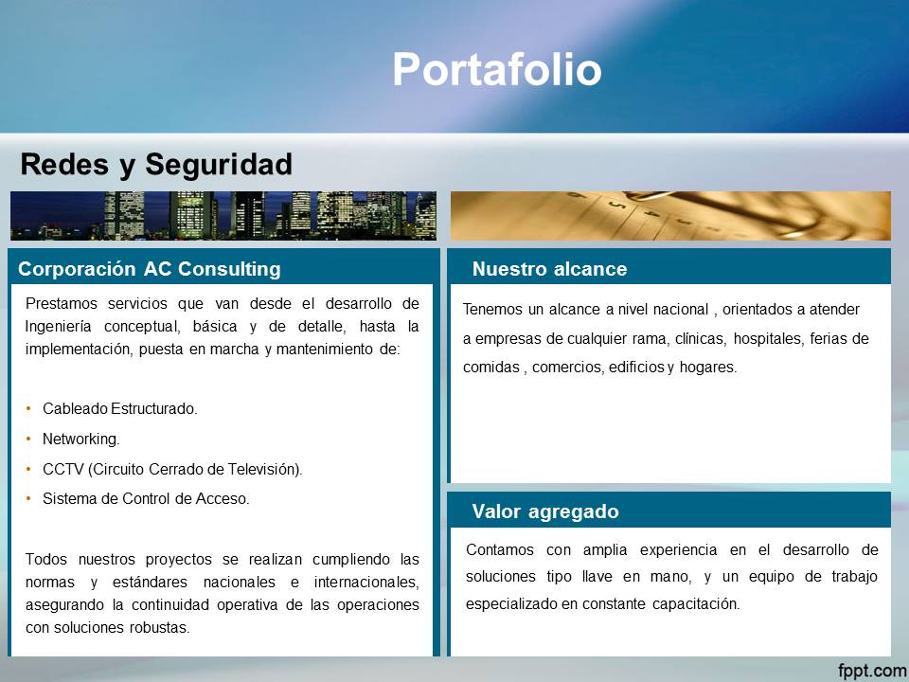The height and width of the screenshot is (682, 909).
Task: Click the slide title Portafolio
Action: [x=497, y=69]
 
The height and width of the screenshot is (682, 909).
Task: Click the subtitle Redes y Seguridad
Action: [x=156, y=165]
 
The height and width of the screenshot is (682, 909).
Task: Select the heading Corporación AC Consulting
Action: [x=150, y=269]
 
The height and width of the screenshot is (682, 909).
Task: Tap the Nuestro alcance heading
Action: [x=549, y=269]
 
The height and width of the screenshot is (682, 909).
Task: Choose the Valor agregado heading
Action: [x=545, y=511]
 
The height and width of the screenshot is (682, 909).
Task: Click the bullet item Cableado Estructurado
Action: [x=120, y=409]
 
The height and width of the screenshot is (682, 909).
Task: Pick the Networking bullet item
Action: [x=81, y=439]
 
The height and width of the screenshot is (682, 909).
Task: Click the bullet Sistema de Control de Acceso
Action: [x=146, y=499]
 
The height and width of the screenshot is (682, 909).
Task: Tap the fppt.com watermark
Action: [x=872, y=671]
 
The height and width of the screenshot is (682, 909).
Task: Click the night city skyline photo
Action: [x=223, y=216]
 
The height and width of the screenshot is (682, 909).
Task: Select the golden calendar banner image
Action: [x=670, y=216]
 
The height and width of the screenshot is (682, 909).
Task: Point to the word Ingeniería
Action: [x=58, y=327]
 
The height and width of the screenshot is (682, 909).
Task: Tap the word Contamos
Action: [x=500, y=549]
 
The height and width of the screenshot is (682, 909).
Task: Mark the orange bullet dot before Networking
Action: [x=28, y=439]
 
